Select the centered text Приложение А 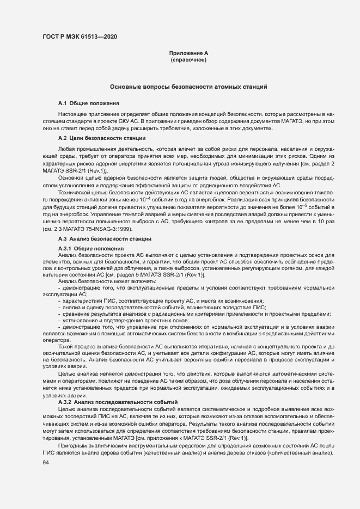pos(188,53)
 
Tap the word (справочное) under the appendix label pos(188,59)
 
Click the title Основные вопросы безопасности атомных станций pos(188,87)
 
